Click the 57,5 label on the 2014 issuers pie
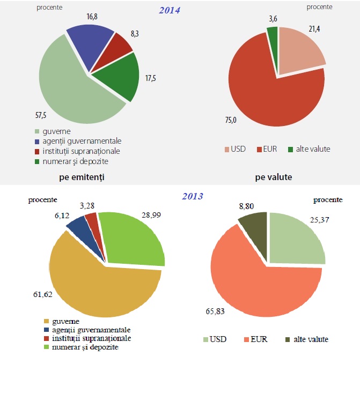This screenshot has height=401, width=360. click(41, 115)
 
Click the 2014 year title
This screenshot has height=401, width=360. click(169, 10)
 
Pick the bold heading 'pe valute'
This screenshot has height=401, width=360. click(274, 176)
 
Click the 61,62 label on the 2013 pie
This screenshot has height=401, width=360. click(43, 294)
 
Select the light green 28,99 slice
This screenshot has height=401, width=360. click(134, 239)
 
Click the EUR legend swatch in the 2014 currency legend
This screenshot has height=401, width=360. click(259, 149)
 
